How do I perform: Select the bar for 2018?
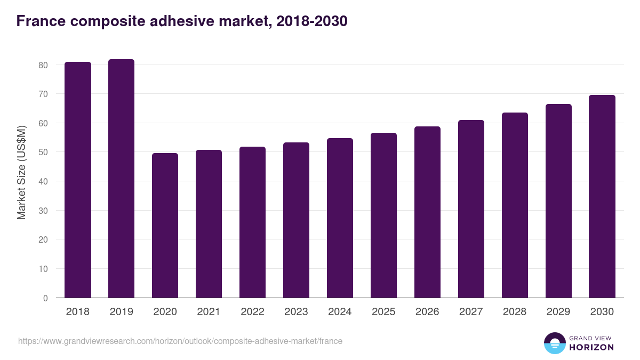(x=78, y=180)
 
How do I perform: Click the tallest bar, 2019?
(x=121, y=179)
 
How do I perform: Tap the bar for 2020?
(x=165, y=225)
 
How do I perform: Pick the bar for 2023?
(x=296, y=220)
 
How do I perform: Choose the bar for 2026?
(x=427, y=212)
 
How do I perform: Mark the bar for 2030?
(x=602, y=196)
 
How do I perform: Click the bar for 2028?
(x=515, y=205)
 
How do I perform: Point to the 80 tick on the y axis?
(x=43, y=65)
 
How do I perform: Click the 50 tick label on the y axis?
(x=43, y=153)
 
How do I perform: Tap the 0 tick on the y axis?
(x=45, y=298)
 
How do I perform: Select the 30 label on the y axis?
(x=43, y=211)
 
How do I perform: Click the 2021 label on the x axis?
(x=209, y=312)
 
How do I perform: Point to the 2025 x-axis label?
(x=383, y=312)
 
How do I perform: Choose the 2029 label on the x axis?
(x=558, y=312)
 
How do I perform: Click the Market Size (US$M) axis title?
(x=21, y=173)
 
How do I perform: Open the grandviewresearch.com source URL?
(x=180, y=341)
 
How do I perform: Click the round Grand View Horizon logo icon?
(x=555, y=343)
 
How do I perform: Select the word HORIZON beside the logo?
(x=591, y=347)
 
